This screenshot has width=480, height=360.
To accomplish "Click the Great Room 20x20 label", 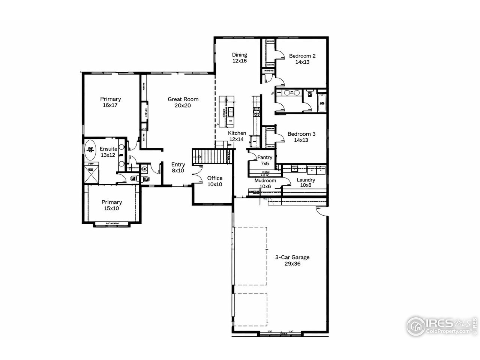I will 183,102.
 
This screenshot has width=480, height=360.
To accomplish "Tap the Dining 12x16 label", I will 239,57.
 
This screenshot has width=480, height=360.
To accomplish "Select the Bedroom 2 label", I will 302,59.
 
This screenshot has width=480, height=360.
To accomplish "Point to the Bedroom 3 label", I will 301,137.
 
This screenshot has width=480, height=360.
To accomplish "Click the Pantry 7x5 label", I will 265,160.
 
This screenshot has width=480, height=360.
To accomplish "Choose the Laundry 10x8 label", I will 306,183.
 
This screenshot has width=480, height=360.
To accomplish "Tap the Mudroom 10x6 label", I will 265,183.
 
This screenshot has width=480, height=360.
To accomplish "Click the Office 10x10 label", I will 215,181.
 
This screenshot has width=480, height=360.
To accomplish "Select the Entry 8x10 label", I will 178,167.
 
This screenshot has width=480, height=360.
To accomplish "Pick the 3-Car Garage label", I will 292,260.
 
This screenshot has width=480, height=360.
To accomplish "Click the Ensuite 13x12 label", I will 108,152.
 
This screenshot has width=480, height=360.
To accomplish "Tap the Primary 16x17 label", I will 110,102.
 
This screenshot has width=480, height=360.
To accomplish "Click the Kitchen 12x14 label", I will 237,136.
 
